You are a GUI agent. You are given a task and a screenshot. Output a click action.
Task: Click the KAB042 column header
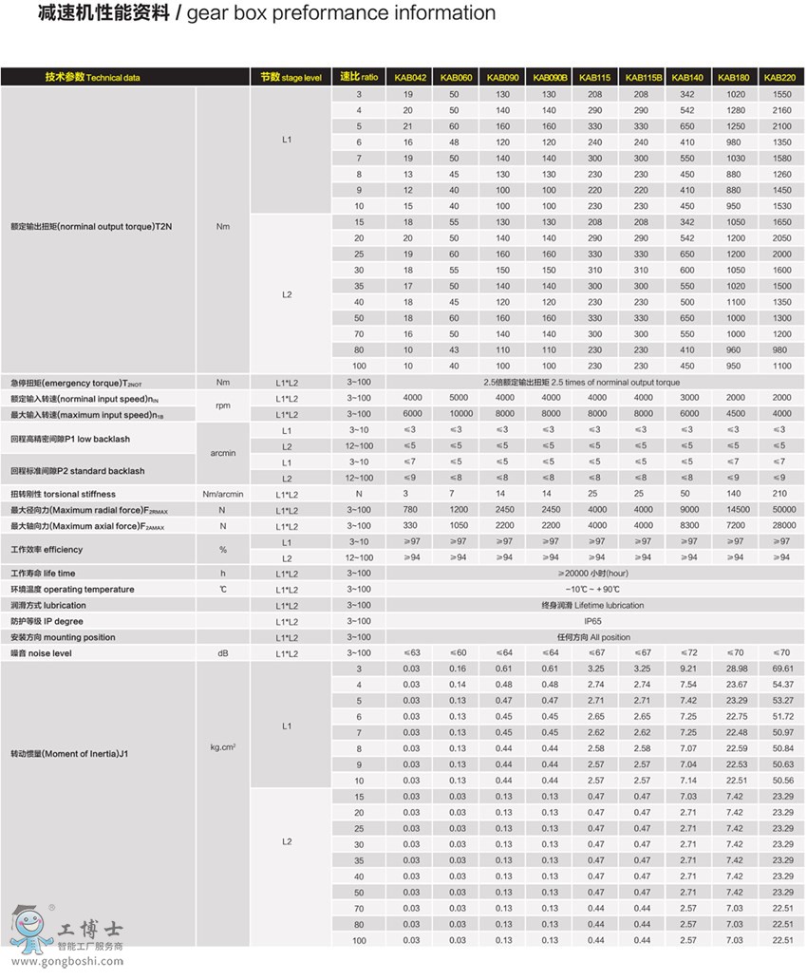pos(410,77)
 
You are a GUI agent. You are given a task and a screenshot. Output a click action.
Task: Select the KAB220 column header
pos(780,77)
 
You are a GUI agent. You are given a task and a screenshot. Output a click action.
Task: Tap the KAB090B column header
pos(550,77)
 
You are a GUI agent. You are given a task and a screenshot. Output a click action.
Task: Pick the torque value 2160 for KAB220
pos(781,110)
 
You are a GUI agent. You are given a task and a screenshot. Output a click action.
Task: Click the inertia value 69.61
pos(782,669)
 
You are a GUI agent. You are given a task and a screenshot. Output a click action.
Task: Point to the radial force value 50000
pos(781,510)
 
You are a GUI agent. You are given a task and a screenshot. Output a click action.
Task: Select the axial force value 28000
pos(781,525)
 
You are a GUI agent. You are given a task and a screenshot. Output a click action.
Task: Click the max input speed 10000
pos(458,413)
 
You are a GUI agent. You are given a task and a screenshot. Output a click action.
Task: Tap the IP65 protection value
pos(595,621)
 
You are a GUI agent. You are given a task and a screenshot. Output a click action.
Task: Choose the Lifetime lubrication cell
pos(595,605)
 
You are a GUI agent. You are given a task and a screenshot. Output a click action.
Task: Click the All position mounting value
pos(595,637)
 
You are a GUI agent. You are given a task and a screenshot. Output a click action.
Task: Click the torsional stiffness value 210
pos(781,494)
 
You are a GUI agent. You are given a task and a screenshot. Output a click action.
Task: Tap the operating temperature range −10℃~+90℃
pos(595,589)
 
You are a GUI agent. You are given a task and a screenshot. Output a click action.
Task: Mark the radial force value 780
pos(410,510)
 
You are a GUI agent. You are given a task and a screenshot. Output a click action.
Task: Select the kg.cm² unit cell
pos(222,747)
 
